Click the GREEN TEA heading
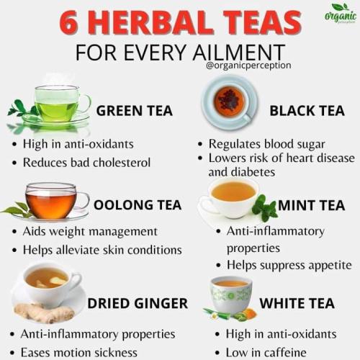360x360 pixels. click(135, 111)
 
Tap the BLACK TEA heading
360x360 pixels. click(307, 111)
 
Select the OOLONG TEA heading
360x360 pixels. click(138, 205)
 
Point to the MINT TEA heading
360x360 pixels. click(312, 205)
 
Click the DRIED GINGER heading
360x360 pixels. click(138, 303)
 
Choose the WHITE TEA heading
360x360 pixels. click(297, 303)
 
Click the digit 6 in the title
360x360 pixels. click(69, 23)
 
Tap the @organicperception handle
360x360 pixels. click(248, 66)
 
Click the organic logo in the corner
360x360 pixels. click(341, 14)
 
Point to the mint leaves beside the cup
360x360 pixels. click(264, 208)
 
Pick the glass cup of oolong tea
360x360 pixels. click(55, 199)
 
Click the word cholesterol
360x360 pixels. click(122, 163)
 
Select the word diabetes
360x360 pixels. click(253, 172)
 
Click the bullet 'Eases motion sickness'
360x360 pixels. click(74, 353)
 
